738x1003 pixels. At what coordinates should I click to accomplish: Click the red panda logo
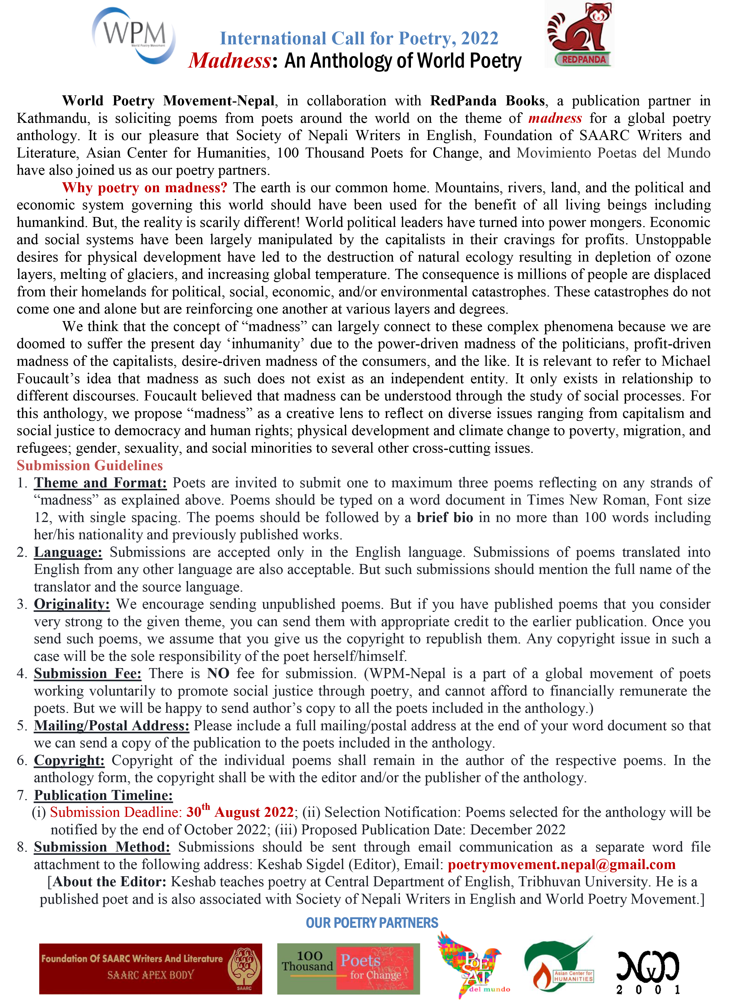click(579, 35)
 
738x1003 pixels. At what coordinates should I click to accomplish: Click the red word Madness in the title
click(230, 61)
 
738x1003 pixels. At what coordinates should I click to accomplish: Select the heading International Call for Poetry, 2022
click(359, 38)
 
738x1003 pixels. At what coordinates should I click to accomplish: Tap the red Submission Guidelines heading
click(90, 466)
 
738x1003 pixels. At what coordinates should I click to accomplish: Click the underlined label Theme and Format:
click(100, 483)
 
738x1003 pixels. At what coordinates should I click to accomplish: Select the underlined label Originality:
click(72, 604)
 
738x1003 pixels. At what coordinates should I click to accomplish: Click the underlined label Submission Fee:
click(87, 674)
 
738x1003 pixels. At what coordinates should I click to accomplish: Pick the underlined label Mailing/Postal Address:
click(112, 726)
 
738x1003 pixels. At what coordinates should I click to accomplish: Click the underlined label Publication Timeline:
click(103, 795)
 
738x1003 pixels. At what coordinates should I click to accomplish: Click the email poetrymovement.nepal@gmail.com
click(561, 864)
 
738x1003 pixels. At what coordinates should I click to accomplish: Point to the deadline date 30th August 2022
click(240, 812)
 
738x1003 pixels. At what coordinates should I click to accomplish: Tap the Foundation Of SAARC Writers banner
click(151, 968)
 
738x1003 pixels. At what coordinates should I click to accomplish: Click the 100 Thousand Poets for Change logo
click(348, 968)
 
